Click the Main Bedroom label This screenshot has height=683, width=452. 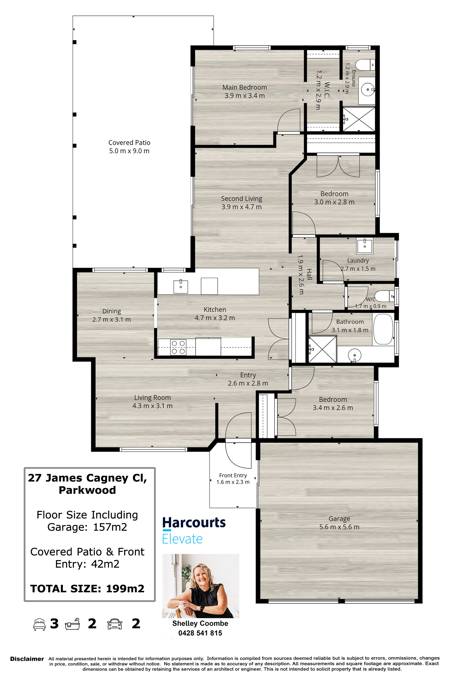pos(245,87)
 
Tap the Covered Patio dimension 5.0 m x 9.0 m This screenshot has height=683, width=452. pos(129,151)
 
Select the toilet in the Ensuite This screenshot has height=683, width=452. pos(365,65)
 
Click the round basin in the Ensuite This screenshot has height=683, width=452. pos(367,89)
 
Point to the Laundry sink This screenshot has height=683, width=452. pos(365,246)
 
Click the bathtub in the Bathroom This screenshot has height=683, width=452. pos(383,329)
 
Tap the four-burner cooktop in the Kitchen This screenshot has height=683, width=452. pos(178,347)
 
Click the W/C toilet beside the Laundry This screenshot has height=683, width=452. pos(385,296)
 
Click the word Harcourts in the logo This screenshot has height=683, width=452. pos(194,523)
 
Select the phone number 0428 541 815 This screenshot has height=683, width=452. pos(200,633)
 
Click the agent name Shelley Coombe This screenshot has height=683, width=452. pos(200,623)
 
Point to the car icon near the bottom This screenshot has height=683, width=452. pos(115,624)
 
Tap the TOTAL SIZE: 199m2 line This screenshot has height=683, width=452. pos(87,589)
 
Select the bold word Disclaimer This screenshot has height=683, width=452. pos(27,659)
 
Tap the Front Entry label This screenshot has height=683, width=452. pos(233,475)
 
